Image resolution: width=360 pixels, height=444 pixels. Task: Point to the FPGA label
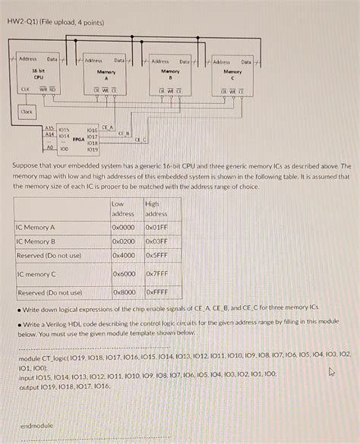pyautogui.click(x=78, y=140)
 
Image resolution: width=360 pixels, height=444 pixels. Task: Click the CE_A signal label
pyautogui.click(x=108, y=128)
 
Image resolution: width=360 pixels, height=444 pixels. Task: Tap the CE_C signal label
pyautogui.click(x=141, y=139)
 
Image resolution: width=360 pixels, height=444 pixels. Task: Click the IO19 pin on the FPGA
pyautogui.click(x=93, y=150)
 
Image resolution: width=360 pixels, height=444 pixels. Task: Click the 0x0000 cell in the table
pyautogui.click(x=123, y=226)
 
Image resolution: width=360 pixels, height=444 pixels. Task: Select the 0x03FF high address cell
pyautogui.click(x=156, y=241)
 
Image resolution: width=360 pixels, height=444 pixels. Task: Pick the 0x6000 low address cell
pyautogui.click(x=124, y=274)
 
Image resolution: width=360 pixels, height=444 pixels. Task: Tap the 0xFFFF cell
pyautogui.click(x=157, y=292)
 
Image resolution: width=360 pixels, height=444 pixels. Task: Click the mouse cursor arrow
pyautogui.click(x=330, y=372)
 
